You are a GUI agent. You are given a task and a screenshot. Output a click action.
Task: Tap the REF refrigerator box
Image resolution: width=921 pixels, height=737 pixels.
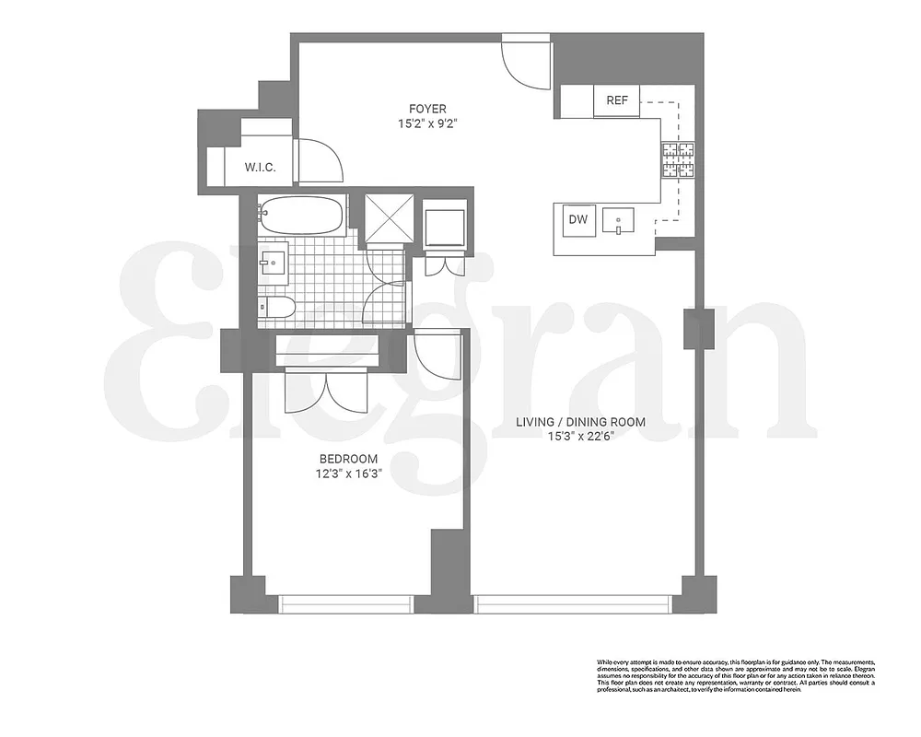click(x=617, y=100)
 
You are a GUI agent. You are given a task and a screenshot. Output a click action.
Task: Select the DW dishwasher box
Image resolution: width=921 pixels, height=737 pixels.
click(x=577, y=219)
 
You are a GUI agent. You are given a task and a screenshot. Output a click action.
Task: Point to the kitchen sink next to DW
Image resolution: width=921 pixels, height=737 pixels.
click(x=620, y=221)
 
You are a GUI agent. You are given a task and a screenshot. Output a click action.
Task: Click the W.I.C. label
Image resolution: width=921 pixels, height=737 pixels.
click(x=261, y=167)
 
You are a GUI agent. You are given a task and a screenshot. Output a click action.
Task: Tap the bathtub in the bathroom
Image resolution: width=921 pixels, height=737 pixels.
click(x=300, y=217)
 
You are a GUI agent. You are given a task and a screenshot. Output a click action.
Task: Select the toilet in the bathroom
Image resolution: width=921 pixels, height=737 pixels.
click(x=277, y=310)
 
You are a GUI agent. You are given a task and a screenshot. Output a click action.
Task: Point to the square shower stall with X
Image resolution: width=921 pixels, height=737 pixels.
click(x=386, y=219)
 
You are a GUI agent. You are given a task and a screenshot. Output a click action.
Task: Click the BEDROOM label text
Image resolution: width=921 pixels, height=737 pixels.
click(x=349, y=459)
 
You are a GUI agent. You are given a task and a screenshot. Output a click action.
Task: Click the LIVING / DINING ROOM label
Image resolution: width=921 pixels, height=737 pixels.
click(x=579, y=422)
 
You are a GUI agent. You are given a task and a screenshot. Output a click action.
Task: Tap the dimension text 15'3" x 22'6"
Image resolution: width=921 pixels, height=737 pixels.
click(x=579, y=436)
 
